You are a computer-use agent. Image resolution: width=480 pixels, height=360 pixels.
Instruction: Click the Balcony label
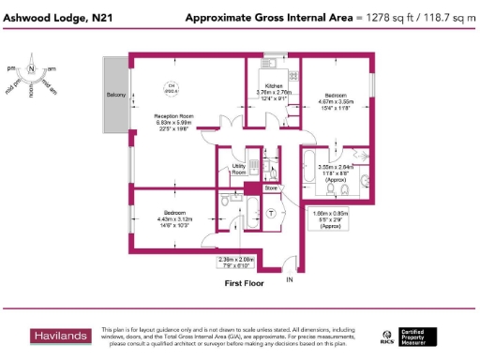click(116, 96)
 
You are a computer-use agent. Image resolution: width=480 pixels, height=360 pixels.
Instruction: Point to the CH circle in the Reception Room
click(171, 88)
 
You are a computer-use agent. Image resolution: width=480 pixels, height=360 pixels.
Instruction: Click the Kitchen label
click(275, 85)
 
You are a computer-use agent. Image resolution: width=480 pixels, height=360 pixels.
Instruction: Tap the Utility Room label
click(238, 171)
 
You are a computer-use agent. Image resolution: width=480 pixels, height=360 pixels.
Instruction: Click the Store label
click(271, 187)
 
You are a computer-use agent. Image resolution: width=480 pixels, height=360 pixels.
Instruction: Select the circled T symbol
click(272, 213)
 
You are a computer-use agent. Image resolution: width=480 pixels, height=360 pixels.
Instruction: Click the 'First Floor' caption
click(243, 281)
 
